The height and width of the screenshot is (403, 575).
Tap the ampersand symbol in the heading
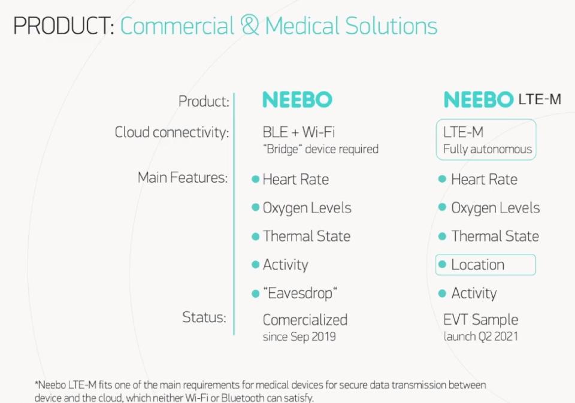[x=250, y=25]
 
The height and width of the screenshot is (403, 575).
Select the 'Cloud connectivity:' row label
[x=172, y=132]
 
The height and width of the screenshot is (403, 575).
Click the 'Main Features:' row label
[x=183, y=178]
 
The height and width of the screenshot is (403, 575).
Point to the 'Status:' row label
[x=204, y=317]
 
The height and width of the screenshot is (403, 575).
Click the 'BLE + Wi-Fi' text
[x=298, y=132]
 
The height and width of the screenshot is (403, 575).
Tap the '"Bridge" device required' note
[x=320, y=149]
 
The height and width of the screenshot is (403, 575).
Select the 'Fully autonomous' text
[x=488, y=149]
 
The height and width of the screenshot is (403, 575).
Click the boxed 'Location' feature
[x=477, y=265]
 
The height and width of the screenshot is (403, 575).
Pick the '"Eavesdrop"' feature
[x=300, y=293]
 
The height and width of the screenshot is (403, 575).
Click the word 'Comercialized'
[x=305, y=320]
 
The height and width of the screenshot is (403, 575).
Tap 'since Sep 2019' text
[x=299, y=337]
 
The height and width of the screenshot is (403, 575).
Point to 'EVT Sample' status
[x=480, y=320]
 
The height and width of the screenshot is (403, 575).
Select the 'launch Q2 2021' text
[x=480, y=337]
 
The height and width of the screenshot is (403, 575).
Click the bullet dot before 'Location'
[x=442, y=265]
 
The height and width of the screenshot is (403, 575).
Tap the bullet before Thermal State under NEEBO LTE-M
[x=442, y=236]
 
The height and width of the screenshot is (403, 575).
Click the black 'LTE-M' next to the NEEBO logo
[x=540, y=99]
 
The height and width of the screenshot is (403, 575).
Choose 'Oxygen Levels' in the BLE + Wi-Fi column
[x=307, y=208]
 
